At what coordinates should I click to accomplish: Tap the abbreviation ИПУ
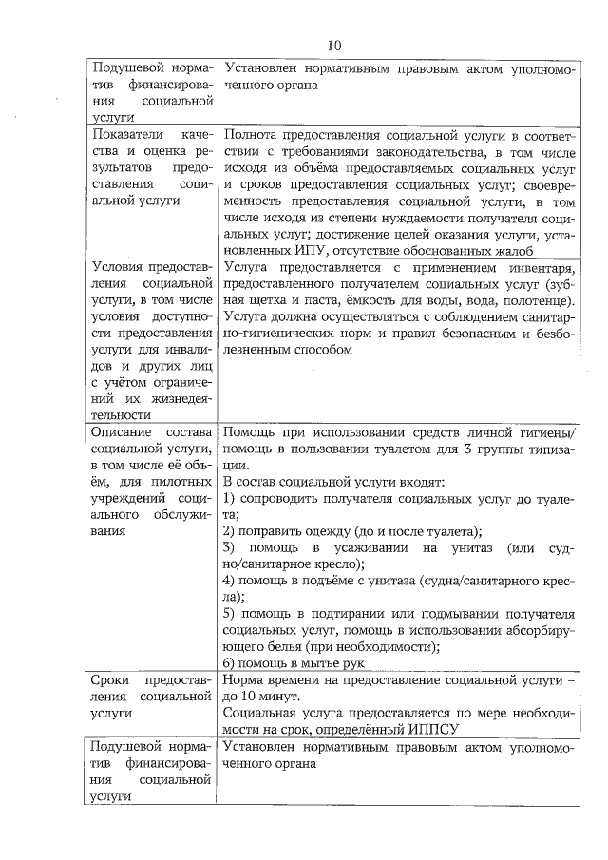click(306, 250)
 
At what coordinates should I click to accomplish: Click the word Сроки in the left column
click(111, 680)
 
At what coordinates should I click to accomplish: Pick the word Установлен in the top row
click(261, 68)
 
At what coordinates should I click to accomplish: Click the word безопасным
click(469, 333)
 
